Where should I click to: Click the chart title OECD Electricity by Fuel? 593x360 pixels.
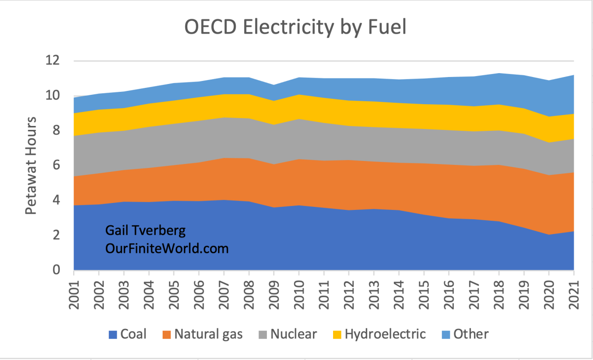tap(295, 27)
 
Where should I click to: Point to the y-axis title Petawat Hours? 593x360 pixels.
tap(31, 165)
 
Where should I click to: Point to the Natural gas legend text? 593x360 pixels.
tap(210, 334)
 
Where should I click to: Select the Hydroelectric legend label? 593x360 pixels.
tap(385, 334)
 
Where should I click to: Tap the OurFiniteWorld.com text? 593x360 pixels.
tap(167, 248)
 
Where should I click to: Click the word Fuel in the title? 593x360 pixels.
tap(385, 27)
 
